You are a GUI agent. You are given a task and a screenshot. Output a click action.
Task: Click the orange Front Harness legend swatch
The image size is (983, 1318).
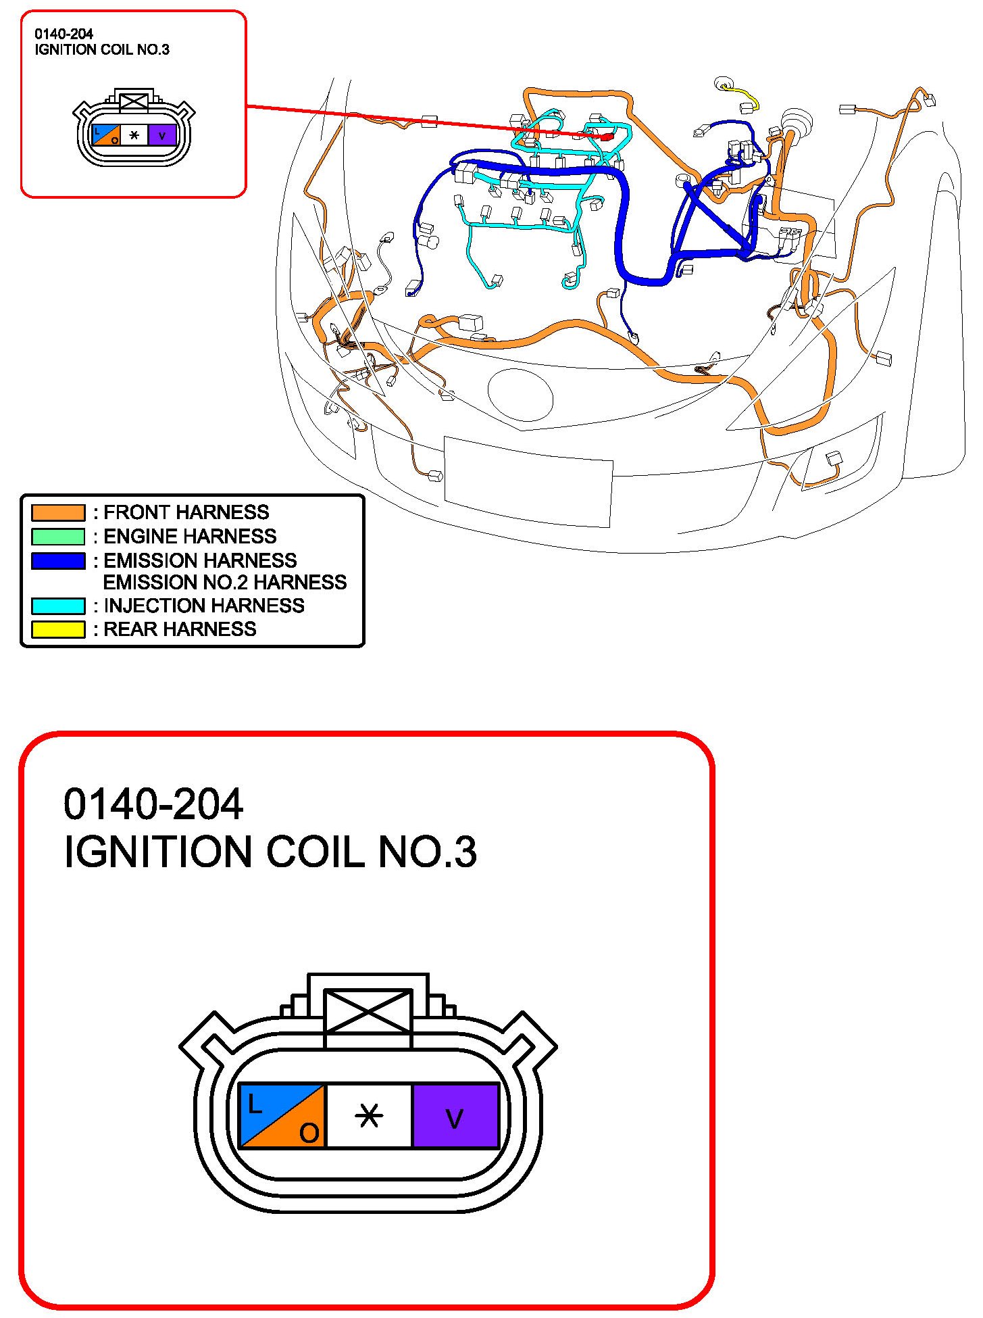tap(58, 512)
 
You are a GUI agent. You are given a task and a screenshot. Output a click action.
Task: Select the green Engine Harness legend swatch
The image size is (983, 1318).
tap(58, 537)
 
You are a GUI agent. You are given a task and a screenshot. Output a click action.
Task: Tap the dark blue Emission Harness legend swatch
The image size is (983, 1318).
tap(58, 561)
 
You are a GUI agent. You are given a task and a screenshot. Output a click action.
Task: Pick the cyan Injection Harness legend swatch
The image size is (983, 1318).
tap(58, 606)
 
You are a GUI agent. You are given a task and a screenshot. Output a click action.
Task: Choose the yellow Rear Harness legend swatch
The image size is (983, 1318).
tap(58, 629)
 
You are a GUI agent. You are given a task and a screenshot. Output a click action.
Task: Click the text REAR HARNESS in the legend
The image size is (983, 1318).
tap(180, 629)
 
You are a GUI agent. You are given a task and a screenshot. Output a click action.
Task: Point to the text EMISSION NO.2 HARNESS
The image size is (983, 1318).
tap(224, 583)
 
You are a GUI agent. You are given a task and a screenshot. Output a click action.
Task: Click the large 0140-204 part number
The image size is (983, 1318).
tap(153, 804)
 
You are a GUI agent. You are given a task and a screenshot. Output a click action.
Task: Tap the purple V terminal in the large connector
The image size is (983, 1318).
tap(455, 1116)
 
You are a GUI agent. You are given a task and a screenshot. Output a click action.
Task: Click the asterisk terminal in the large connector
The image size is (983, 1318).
tap(369, 1116)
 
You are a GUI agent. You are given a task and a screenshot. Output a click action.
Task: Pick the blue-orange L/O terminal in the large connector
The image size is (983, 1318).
tap(282, 1116)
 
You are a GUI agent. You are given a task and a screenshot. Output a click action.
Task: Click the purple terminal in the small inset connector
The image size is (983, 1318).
tap(162, 135)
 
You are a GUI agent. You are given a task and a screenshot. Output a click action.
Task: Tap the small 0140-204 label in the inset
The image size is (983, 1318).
tap(64, 34)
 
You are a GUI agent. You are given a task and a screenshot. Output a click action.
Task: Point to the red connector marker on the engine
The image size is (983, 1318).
tap(607, 137)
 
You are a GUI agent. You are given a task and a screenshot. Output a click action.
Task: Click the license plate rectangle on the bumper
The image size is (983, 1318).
tap(528, 481)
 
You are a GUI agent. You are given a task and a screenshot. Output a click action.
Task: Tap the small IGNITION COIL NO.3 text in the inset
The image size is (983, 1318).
tap(102, 50)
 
